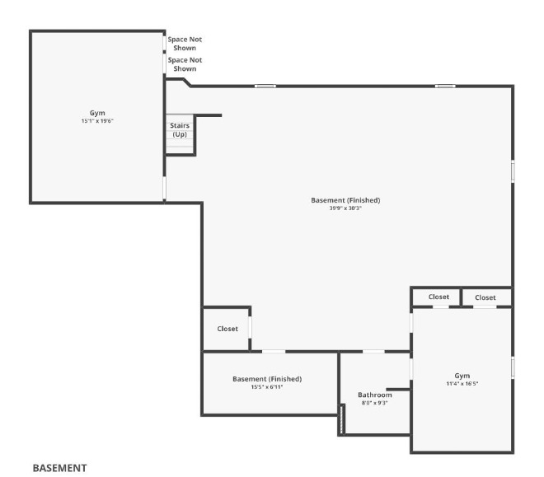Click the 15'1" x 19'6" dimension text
tap(97, 121)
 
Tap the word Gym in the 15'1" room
tap(97, 113)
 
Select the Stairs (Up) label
tap(180, 129)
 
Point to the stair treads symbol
tap(180, 145)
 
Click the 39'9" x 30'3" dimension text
tap(345, 208)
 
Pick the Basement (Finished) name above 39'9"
tap(345, 200)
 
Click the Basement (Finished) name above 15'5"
tap(266, 379)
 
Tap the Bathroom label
tap(375, 395)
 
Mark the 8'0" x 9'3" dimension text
tap(375, 403)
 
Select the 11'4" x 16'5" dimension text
tap(462, 383)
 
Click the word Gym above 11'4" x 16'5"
tap(462, 375)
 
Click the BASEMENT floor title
tap(59, 467)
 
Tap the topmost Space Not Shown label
tap(185, 43)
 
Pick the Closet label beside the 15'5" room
tap(227, 329)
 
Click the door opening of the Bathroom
tap(373, 352)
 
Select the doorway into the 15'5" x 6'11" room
tap(274, 352)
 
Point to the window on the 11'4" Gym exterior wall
tap(513, 367)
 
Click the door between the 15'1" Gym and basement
tap(165, 188)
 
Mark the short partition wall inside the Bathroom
tap(399, 389)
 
